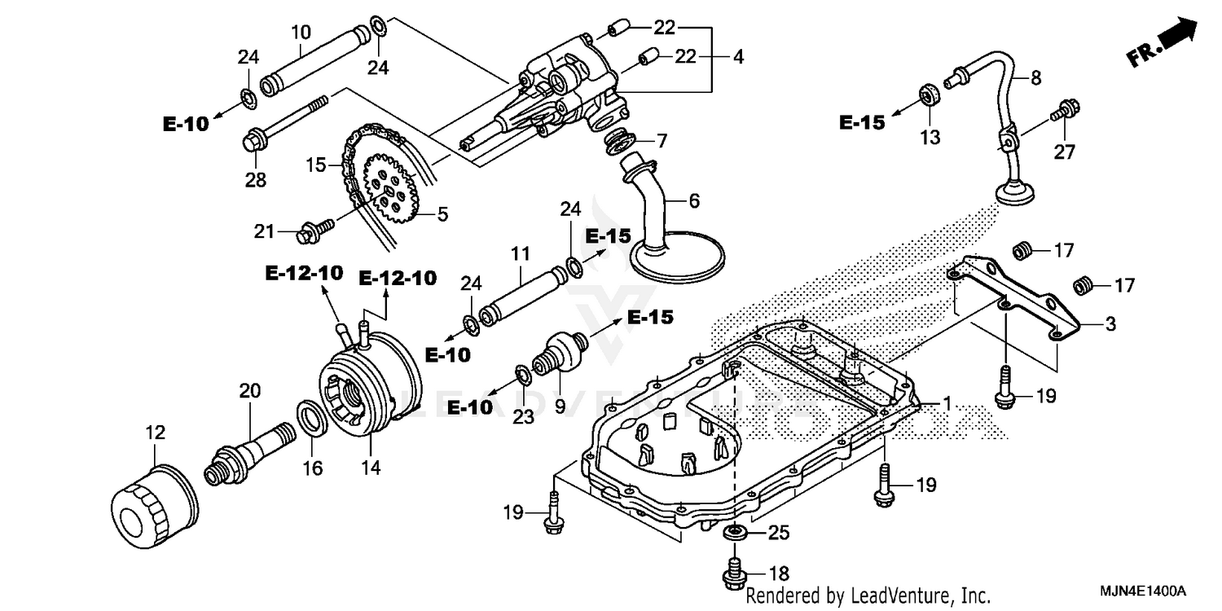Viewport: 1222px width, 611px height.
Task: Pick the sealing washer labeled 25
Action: click(736, 533)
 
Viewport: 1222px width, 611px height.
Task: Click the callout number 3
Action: click(1110, 324)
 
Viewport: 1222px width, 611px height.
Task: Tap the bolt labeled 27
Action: click(1066, 110)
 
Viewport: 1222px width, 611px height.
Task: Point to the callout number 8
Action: click(1035, 78)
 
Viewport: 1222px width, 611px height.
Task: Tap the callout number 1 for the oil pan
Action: click(947, 402)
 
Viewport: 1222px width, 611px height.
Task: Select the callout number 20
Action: click(249, 391)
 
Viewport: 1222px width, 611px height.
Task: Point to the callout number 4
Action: click(737, 58)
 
